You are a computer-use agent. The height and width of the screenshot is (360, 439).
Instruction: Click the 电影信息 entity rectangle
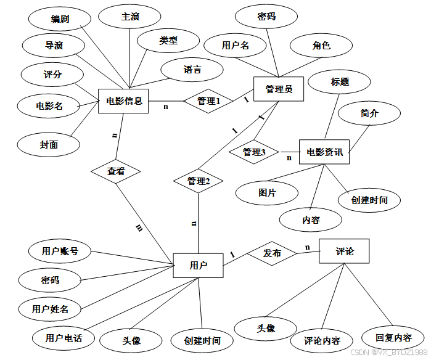tap(124, 101)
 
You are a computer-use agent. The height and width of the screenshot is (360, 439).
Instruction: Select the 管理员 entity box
tap(279, 89)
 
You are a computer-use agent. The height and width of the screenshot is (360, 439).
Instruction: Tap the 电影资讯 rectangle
tap(324, 152)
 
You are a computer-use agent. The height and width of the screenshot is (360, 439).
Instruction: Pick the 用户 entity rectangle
tap(198, 266)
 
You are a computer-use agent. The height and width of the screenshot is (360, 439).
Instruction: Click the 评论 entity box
tap(344, 252)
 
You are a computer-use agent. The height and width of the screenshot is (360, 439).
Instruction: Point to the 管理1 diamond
tap(208, 101)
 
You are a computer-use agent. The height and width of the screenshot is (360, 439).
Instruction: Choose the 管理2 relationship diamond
tap(199, 181)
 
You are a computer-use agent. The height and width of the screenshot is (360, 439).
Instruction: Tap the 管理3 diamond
tap(254, 152)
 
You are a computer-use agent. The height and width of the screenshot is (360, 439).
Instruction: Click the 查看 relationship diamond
tap(116, 171)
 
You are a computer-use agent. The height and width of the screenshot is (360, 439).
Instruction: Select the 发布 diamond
tap(272, 253)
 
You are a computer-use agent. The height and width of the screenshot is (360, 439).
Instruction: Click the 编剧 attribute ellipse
tap(60, 19)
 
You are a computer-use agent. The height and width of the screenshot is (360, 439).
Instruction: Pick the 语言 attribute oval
tap(192, 69)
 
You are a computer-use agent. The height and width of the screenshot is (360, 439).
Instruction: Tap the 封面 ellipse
tap(49, 145)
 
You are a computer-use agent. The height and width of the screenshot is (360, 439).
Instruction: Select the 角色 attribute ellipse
tap(321, 45)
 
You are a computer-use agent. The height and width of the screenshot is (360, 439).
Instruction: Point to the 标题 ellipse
tap(340, 81)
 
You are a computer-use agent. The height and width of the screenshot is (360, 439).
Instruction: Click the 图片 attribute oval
tap(267, 193)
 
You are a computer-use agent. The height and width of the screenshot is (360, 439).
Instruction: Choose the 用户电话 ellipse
tap(64, 338)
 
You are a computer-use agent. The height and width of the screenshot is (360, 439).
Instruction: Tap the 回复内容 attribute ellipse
tap(393, 338)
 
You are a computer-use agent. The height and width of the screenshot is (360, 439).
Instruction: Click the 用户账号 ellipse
tap(60, 251)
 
